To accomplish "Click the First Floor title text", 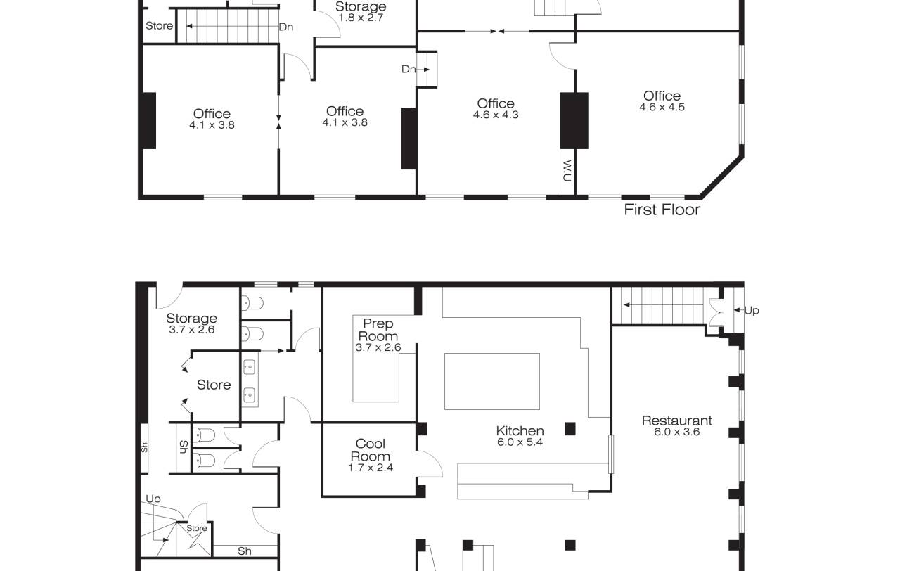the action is point(662,210).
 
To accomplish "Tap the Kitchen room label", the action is point(520,431).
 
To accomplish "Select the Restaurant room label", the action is point(677,421).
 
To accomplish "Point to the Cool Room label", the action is point(370,450).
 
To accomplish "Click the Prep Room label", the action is point(378,330).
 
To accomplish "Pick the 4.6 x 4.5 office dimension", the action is point(662,108).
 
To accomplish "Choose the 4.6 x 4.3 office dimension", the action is point(496,115).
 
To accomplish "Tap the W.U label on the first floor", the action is point(567,171).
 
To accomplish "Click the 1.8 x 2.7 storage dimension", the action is point(361,18).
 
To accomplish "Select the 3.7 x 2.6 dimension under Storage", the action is point(192,330).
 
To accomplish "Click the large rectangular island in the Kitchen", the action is point(491,381).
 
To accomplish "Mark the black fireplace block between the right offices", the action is point(574,120).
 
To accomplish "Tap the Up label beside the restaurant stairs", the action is point(752,311).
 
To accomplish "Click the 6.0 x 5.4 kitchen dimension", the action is point(520,442).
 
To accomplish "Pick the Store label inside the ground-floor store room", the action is point(214,385).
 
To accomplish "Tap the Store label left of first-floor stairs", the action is point(159,26).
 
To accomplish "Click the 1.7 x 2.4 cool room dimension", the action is point(370,468).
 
